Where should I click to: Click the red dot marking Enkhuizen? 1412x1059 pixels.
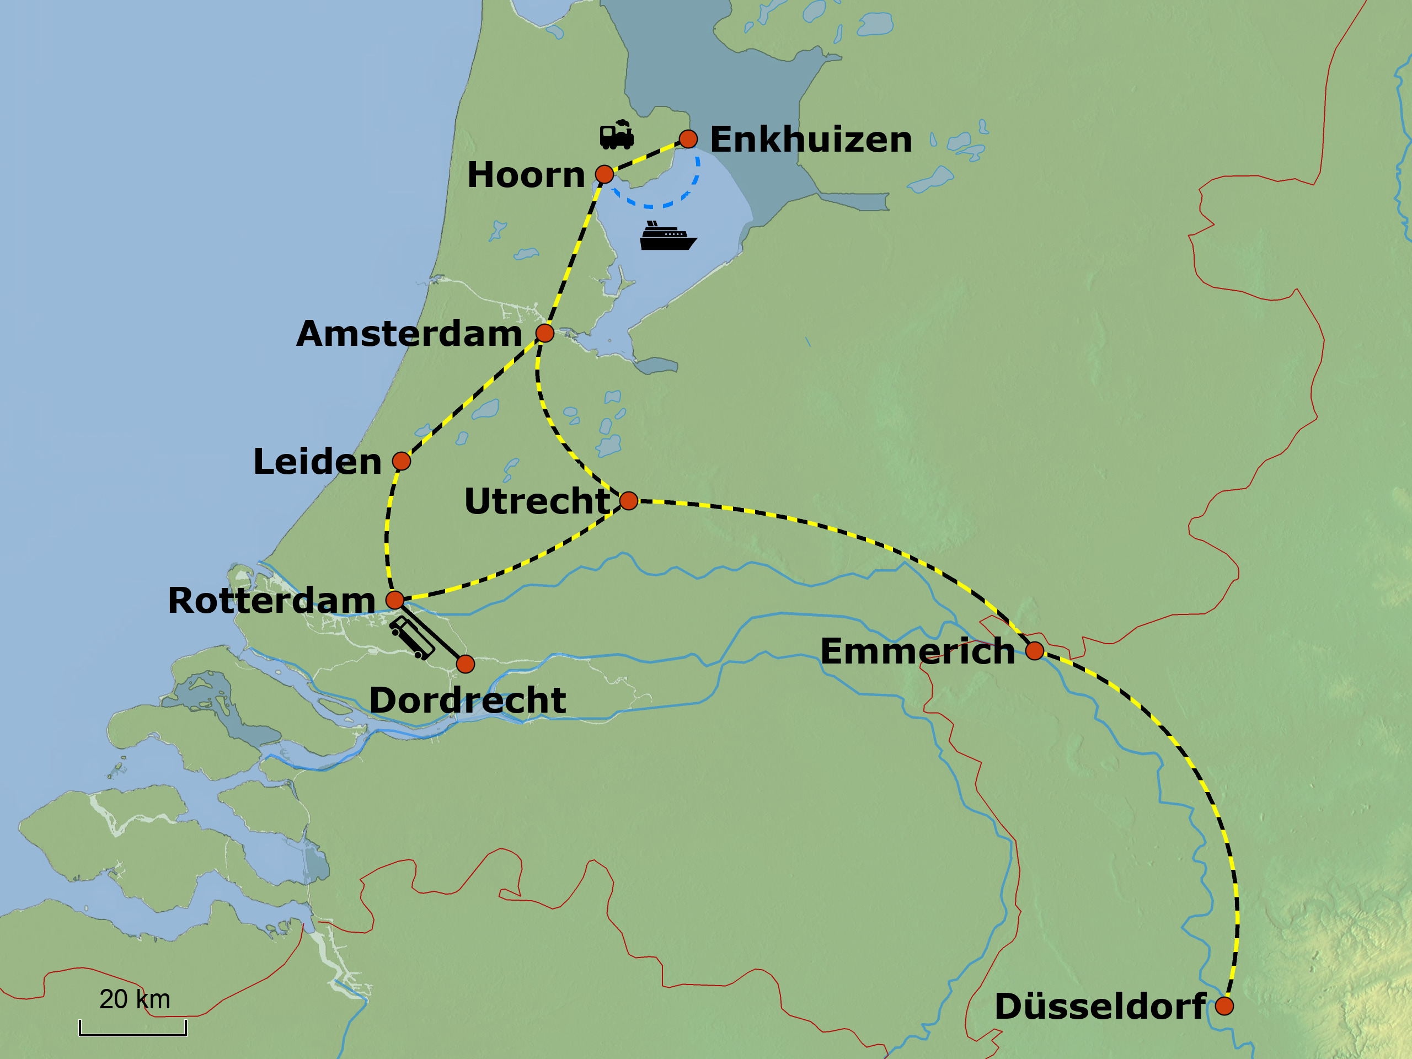click(688, 139)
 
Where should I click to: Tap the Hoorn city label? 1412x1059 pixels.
click(526, 175)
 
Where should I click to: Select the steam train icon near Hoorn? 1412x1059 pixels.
click(616, 135)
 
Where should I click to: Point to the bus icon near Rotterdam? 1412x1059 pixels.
click(413, 637)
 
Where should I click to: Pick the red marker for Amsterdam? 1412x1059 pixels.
click(544, 333)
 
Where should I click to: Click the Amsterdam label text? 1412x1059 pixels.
click(409, 334)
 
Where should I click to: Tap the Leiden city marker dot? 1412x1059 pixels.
click(402, 461)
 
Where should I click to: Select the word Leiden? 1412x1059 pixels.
click(317, 462)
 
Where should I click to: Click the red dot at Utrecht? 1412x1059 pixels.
click(629, 501)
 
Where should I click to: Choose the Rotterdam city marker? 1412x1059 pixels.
click(395, 600)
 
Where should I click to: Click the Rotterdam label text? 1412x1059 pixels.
click(271, 601)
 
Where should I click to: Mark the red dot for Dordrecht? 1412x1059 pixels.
click(466, 665)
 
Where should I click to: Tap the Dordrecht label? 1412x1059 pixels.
click(467, 700)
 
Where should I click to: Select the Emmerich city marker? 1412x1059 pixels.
click(1035, 651)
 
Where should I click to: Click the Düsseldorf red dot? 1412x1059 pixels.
click(1224, 1006)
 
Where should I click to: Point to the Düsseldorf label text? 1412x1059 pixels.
click(1100, 1007)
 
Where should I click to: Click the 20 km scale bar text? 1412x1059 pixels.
click(135, 999)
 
